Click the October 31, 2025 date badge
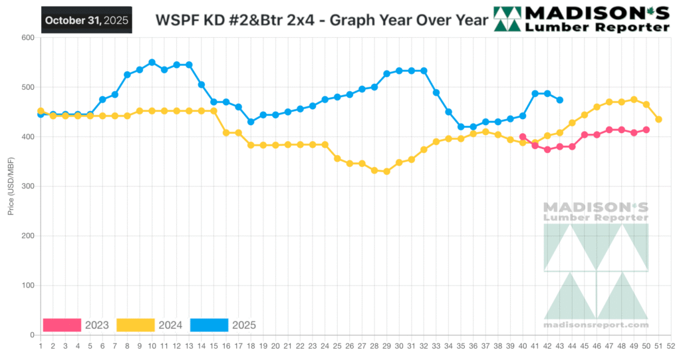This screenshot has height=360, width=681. (x=86, y=20)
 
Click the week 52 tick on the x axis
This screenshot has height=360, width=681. (x=671, y=346)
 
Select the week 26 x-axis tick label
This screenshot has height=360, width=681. (x=349, y=346)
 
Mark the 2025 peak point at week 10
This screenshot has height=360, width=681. (x=152, y=63)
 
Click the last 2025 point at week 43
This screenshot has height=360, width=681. (x=560, y=100)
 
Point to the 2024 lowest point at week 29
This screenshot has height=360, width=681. (x=386, y=171)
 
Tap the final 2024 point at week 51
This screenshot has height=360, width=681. (x=658, y=119)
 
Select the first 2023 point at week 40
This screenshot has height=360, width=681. (x=523, y=136)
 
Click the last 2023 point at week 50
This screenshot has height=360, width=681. (x=646, y=130)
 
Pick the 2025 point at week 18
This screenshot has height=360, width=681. (x=251, y=122)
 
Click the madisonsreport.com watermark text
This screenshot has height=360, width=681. (x=596, y=325)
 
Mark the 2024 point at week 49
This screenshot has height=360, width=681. (x=634, y=100)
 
